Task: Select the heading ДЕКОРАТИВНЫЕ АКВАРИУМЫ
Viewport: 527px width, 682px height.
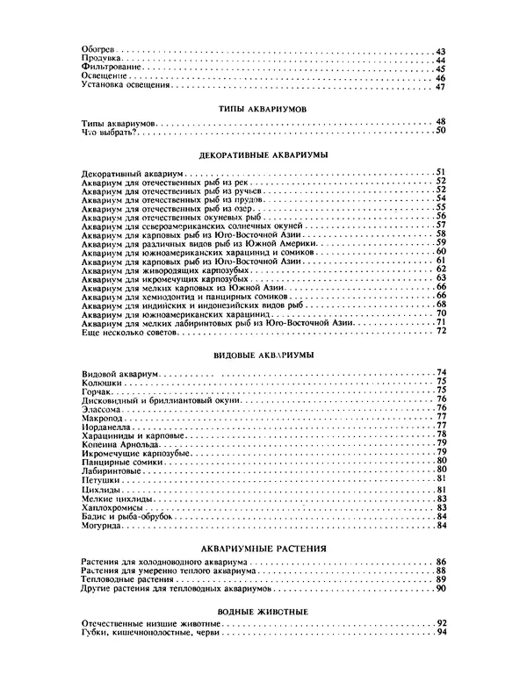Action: point(263,154)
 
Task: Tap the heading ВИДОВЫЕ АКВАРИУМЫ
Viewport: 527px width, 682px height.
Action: point(263,355)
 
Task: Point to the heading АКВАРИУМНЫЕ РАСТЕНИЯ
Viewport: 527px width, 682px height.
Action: point(263,548)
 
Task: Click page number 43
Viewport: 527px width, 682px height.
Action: point(441,51)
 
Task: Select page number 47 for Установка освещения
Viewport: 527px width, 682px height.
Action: point(441,86)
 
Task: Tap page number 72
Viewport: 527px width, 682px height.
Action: point(441,331)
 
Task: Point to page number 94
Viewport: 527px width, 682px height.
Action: point(441,633)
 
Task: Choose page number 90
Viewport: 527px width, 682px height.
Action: point(441,589)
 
